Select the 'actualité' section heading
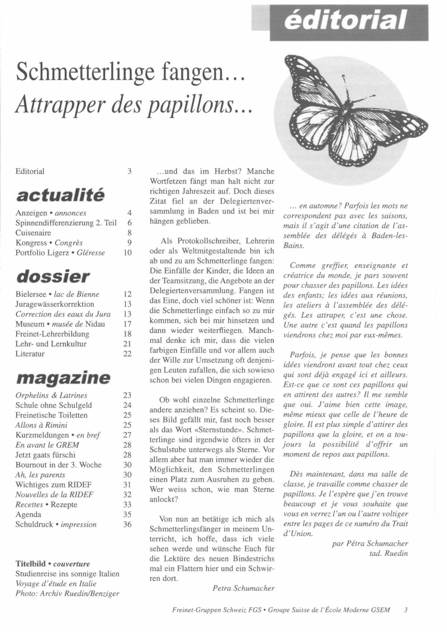click(60, 195)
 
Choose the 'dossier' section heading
click(53, 276)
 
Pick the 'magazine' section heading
click(63, 377)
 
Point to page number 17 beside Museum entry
click(127, 324)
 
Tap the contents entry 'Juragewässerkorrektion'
click(55, 304)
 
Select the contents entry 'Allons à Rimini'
click(41, 425)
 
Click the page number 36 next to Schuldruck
click(127, 524)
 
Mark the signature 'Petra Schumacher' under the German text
click(244, 588)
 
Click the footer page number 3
click(406, 610)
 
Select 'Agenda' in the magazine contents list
click(28, 514)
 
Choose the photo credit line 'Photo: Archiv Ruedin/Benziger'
click(67, 593)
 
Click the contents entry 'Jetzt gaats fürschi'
click(45, 454)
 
